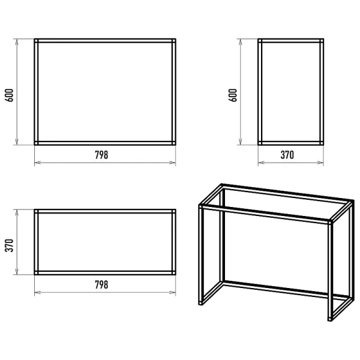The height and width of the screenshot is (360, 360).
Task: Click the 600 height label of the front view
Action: [9, 95]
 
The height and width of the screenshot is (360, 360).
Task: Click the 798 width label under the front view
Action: [101, 155]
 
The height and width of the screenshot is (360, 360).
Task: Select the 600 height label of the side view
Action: [233, 95]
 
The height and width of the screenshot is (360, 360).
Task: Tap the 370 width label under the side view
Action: [287, 155]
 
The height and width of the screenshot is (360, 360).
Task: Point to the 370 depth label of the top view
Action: [9, 245]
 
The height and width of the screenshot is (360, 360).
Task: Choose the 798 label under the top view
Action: [101, 284]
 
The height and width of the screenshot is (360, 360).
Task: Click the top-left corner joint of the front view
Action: [36, 41]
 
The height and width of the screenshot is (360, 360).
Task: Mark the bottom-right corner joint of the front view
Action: [174, 143]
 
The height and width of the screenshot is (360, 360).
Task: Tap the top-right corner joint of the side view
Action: [322, 41]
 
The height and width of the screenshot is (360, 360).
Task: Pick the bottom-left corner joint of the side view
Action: [260, 143]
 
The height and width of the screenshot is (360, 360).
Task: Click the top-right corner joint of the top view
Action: [174, 211]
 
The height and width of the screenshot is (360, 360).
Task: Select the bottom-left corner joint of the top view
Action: [36, 273]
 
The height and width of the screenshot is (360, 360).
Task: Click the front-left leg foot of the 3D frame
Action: [200, 303]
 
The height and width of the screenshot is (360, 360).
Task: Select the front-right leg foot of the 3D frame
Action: [330, 319]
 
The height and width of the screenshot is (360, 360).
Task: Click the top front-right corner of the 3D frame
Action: [331, 222]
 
